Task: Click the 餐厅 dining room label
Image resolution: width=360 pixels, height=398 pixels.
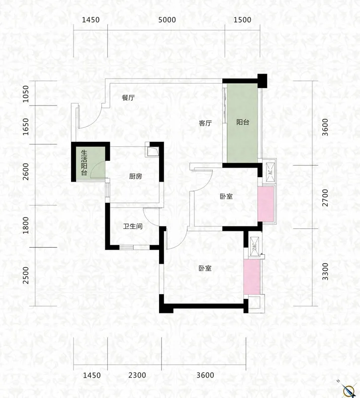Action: coord(128,98)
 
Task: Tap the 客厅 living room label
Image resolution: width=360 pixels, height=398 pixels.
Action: coord(205,123)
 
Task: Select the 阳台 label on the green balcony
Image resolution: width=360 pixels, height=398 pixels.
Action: coord(243,122)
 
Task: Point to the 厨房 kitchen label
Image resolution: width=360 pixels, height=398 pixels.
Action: coord(135,176)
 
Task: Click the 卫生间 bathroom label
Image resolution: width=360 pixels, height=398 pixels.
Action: coord(133,226)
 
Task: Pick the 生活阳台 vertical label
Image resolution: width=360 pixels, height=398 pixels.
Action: coord(84,163)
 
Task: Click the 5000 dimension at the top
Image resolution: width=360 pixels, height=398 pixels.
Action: coord(167,20)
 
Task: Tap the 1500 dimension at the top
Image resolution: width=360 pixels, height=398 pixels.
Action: coord(242,20)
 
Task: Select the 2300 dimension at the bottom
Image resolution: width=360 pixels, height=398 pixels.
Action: coord(137,375)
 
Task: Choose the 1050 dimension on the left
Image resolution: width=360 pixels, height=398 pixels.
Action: coord(26,94)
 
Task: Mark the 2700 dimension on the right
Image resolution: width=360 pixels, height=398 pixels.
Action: coord(325,198)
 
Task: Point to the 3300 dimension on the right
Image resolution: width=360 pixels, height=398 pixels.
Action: coord(325,272)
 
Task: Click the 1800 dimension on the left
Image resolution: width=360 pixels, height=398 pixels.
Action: coord(26,225)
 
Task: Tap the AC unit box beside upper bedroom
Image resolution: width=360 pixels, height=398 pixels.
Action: coord(270,172)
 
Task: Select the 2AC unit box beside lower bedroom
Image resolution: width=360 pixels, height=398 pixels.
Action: coord(255,246)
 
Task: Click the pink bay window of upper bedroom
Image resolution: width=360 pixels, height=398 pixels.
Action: coord(266,204)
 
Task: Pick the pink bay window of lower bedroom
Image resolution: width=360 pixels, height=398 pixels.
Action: coord(252,277)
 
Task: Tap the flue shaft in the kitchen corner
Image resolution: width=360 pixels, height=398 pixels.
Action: coord(153,151)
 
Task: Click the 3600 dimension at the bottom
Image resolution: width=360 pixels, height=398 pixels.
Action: coord(205,375)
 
